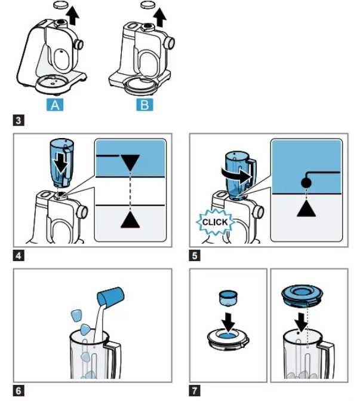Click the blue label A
(x=55, y=105)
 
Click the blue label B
(x=144, y=105)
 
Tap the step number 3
(x=19, y=120)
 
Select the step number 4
(x=19, y=256)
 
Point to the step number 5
(x=195, y=256)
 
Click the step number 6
(x=19, y=391)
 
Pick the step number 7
(x=195, y=391)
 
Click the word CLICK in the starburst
(x=214, y=222)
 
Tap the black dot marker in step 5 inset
(x=306, y=183)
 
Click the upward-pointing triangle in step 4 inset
(x=130, y=220)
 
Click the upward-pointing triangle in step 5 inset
(x=306, y=209)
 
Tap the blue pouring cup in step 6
(x=110, y=296)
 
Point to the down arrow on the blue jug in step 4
(x=61, y=164)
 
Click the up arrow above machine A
(x=73, y=16)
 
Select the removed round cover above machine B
(x=148, y=5)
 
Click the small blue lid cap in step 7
(x=228, y=298)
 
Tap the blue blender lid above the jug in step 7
(x=302, y=296)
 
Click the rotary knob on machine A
(x=79, y=45)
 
